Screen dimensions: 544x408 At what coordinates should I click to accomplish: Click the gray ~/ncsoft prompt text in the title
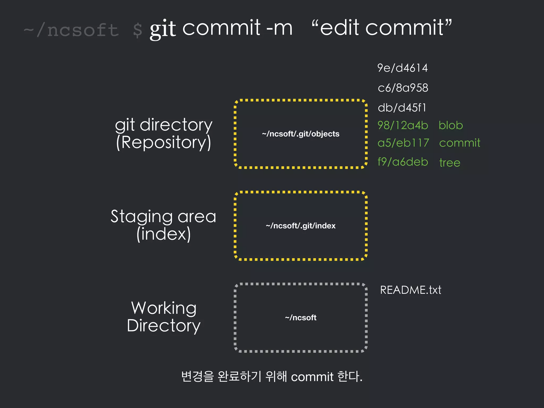(71, 30)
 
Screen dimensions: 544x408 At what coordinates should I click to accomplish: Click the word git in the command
(163, 29)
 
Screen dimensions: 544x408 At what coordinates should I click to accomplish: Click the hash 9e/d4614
(402, 68)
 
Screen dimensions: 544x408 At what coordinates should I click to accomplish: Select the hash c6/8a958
(403, 88)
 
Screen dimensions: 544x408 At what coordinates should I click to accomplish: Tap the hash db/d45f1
(402, 108)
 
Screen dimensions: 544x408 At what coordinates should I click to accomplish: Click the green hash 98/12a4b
(403, 125)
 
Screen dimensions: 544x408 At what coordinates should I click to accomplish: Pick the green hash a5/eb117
(403, 143)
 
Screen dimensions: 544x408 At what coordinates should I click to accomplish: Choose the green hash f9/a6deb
(403, 162)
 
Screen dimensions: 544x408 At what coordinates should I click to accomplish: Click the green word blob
(450, 125)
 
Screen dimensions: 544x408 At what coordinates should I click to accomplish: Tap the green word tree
(449, 163)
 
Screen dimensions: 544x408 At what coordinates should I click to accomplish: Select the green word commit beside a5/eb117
(460, 143)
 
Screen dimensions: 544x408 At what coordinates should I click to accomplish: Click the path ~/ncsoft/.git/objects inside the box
(300, 134)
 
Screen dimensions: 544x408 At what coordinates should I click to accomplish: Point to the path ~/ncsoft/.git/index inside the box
(300, 226)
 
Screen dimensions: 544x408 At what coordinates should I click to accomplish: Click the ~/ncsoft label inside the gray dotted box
(300, 318)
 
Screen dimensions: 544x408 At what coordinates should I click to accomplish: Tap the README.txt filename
(410, 290)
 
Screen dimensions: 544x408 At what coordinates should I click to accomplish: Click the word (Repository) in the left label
(164, 142)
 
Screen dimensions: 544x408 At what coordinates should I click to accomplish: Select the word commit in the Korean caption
(312, 377)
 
